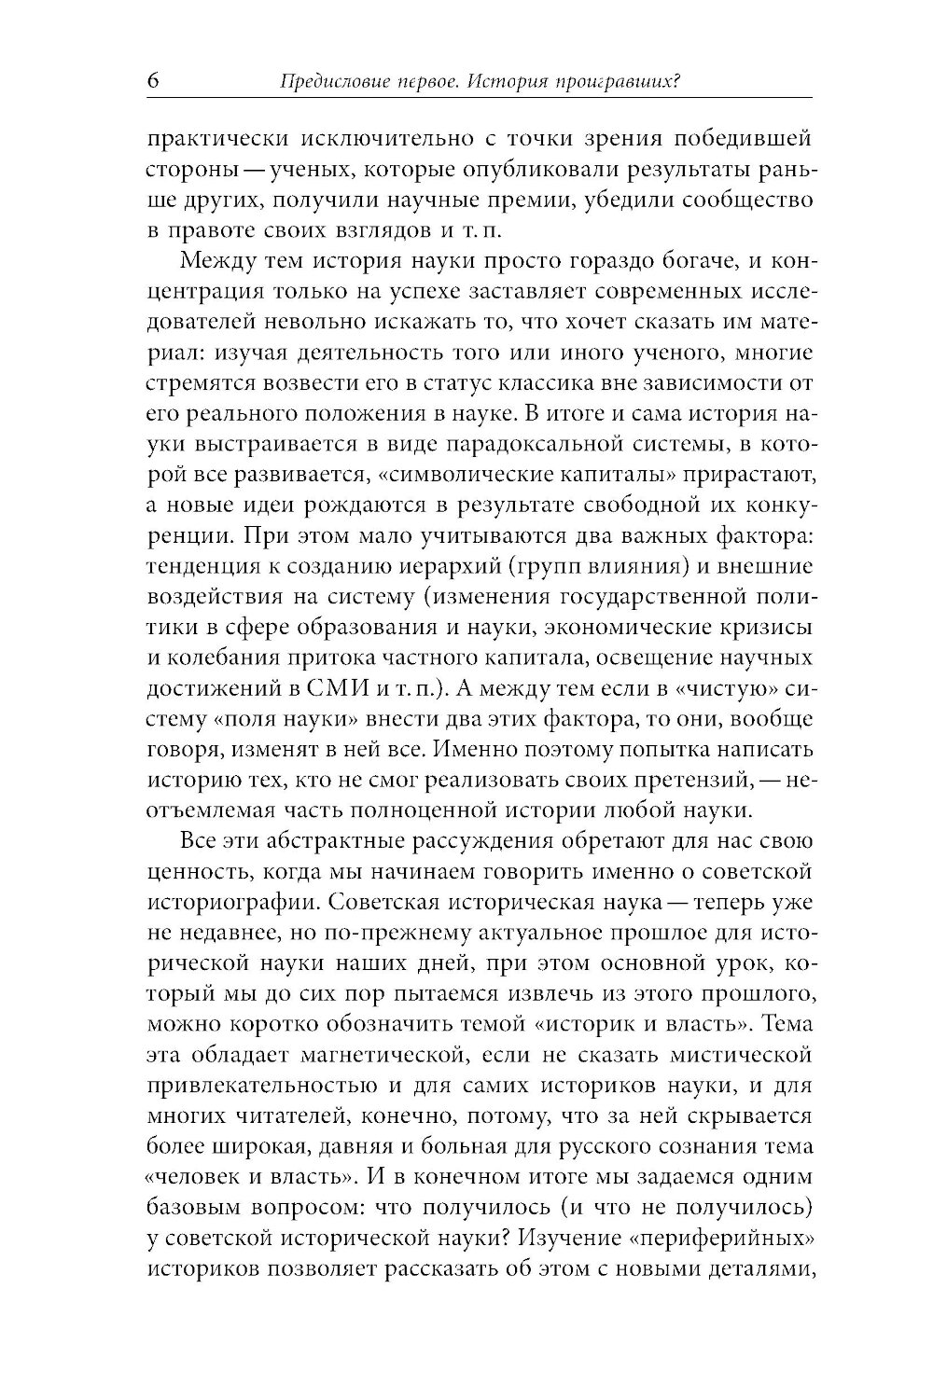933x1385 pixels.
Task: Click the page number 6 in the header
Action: (x=153, y=81)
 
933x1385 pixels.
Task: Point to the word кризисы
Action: (x=768, y=626)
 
